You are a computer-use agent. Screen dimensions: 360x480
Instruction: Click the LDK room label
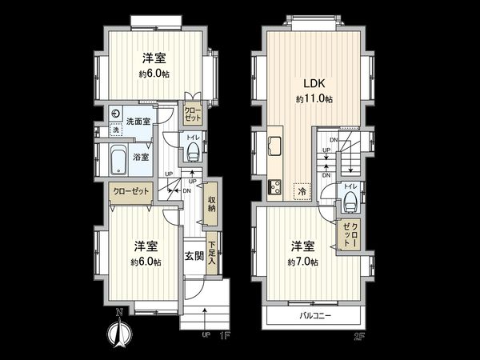pyautogui.click(x=312, y=83)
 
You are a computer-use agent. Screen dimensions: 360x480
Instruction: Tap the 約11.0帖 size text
pyautogui.click(x=312, y=98)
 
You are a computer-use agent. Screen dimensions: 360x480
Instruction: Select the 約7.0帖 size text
pyautogui.click(x=302, y=262)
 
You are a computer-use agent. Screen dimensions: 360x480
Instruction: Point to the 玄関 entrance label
pyautogui.click(x=194, y=256)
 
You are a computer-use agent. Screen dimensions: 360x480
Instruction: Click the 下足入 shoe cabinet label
pyautogui.click(x=212, y=255)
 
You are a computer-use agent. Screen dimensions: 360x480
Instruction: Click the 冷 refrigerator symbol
pyautogui.click(x=303, y=191)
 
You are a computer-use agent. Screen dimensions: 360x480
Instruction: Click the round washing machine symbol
pyautogui.click(x=116, y=115)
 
